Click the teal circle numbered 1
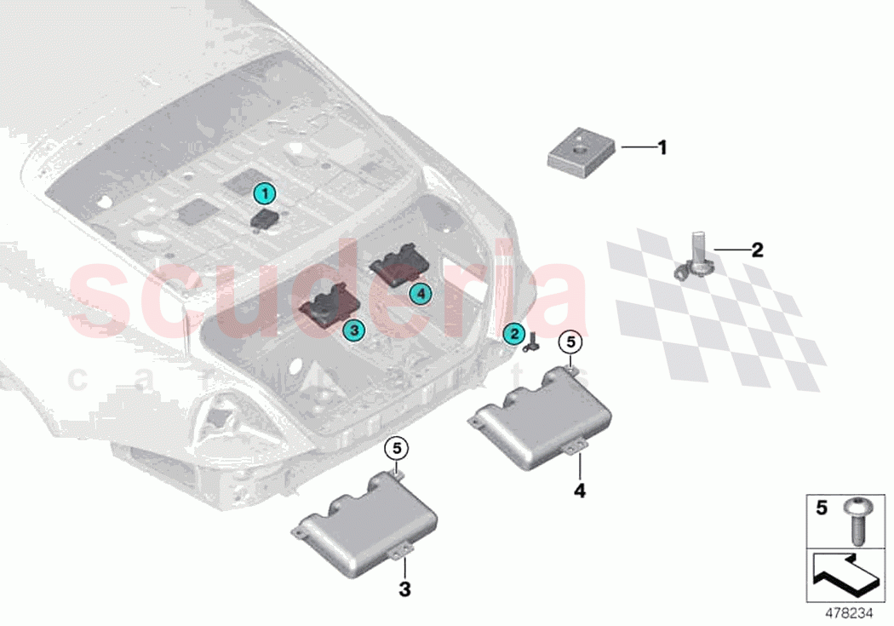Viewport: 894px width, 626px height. click(266, 194)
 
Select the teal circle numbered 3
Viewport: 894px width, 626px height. click(352, 328)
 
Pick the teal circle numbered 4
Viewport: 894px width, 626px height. click(419, 293)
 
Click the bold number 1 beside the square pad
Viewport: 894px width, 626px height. click(661, 148)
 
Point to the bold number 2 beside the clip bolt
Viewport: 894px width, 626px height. click(756, 250)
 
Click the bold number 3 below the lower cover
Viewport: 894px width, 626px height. click(405, 589)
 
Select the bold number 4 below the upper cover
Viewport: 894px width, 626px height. click(579, 491)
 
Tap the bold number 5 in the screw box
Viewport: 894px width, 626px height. click(821, 508)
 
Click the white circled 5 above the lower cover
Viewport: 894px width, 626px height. click(396, 446)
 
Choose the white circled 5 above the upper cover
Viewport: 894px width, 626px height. click(570, 342)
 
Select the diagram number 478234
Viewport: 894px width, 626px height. click(848, 612)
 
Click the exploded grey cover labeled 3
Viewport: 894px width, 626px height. click(365, 523)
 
